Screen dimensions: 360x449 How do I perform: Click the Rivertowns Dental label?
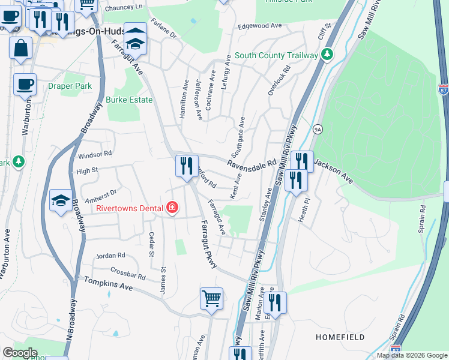pos(130,208)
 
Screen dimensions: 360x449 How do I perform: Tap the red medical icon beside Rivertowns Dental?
pos(172,208)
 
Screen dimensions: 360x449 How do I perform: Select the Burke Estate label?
pos(129,100)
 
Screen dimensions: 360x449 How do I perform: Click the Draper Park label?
pos(70,86)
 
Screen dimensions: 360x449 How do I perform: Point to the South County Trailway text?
pos(276,55)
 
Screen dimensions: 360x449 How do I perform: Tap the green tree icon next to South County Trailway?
pos(327,55)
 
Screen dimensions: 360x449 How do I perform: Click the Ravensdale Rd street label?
pos(252,163)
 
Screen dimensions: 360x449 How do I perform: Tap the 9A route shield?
pos(318,128)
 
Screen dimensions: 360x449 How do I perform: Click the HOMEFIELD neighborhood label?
pos(340,337)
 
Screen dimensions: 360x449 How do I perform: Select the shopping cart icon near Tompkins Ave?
pos(211,298)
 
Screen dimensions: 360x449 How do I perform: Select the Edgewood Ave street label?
pos(260,26)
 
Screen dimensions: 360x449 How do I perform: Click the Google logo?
pos(20,353)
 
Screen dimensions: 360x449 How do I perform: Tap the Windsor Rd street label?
pos(95,155)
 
